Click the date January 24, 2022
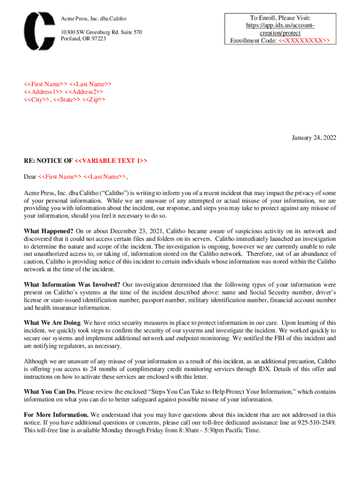(314, 138)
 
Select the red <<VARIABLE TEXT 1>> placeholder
(111, 161)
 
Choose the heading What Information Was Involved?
(72, 284)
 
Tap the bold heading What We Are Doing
(52, 323)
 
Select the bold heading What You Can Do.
(50, 392)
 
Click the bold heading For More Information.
(56, 415)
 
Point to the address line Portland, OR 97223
(83, 39)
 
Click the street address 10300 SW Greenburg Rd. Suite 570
(101, 32)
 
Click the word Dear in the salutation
(30, 177)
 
